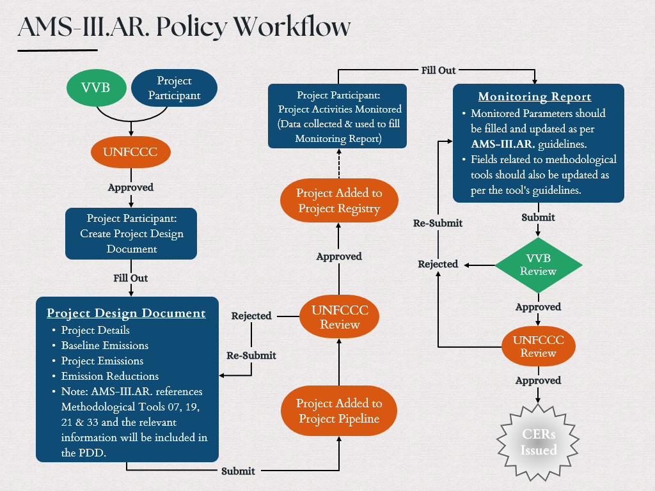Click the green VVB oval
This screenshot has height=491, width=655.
96,88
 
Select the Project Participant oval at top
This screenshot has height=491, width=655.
174,88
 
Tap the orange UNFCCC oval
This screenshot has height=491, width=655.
131,153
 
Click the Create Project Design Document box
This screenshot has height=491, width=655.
131,233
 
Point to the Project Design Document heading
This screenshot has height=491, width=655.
126,313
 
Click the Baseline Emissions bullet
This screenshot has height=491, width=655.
105,345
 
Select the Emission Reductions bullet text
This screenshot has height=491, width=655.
110,376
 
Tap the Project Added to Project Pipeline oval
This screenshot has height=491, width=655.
339,411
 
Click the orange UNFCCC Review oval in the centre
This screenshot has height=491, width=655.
339,316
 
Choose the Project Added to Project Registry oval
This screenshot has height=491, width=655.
339,201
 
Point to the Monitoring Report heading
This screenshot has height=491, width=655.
535,97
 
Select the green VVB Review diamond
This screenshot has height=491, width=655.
539,265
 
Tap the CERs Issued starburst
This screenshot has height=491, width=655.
539,442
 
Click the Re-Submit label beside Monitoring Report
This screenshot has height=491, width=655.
438,223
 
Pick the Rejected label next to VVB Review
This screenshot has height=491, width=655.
438,264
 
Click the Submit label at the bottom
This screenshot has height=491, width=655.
238,471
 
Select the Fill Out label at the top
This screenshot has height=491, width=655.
438,70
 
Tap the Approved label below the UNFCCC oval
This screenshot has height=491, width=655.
130,188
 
